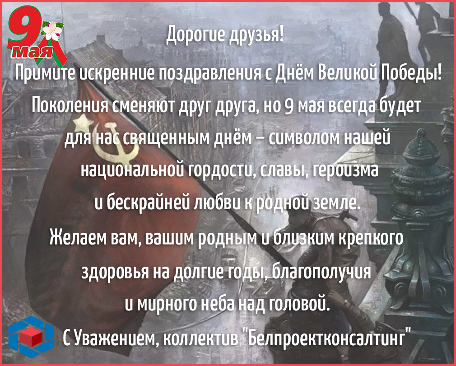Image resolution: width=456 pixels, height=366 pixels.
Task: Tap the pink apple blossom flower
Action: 53,31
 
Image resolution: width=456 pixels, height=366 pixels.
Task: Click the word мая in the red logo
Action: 33,52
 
